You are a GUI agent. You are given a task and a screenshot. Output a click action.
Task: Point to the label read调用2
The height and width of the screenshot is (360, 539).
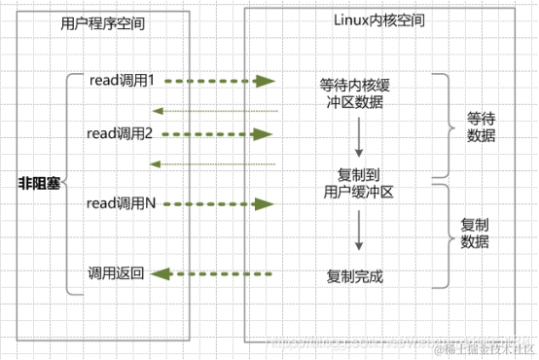pyautogui.click(x=121, y=131)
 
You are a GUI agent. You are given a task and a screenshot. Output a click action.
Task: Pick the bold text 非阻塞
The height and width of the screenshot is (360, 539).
pyautogui.click(x=39, y=182)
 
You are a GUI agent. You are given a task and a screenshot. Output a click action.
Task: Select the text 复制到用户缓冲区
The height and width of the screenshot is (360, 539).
pyautogui.click(x=357, y=183)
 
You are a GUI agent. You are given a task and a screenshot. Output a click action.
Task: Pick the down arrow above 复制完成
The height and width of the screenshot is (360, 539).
pyautogui.click(x=357, y=234)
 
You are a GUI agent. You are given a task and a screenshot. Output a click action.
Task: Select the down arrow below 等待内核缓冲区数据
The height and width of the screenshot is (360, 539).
pyautogui.click(x=357, y=138)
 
